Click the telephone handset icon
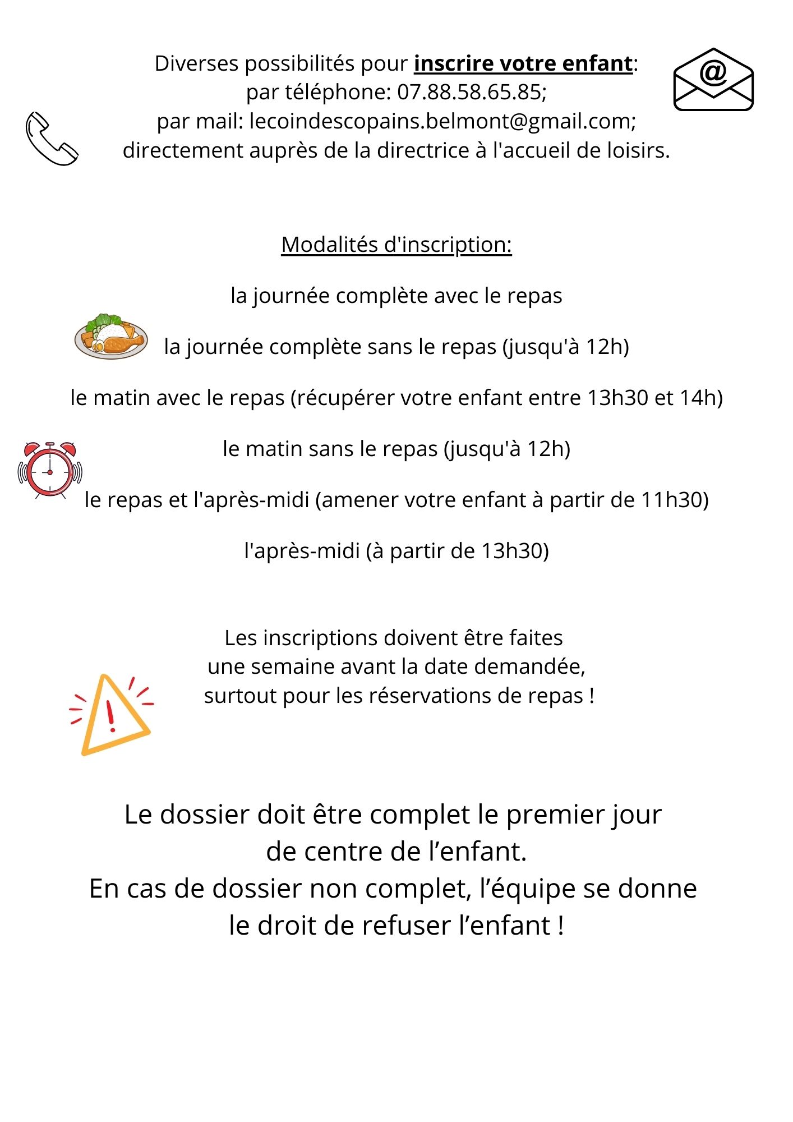pyautogui.click(x=52, y=139)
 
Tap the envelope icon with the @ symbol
pyautogui.click(x=713, y=80)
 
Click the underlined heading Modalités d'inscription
pyautogui.click(x=396, y=245)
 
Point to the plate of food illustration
pyautogui.click(x=111, y=337)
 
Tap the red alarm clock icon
pyautogui.click(x=50, y=470)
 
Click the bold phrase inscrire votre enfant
pyautogui.click(x=523, y=63)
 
